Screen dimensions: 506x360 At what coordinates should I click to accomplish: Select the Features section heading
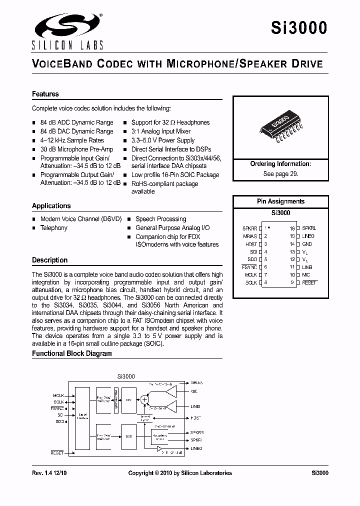45,94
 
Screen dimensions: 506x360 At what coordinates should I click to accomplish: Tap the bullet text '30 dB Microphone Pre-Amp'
76,149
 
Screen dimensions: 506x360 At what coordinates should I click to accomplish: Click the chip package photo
279,128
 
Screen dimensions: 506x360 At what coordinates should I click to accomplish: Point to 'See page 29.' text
280,174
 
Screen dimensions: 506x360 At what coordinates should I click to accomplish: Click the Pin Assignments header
280,201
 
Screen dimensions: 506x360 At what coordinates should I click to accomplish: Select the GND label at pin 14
307,244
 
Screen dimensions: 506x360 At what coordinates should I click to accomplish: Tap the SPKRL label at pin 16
309,228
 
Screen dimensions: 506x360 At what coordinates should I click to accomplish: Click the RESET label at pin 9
309,283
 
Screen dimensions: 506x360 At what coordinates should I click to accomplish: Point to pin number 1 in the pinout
266,228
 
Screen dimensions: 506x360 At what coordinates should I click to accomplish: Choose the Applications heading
51,206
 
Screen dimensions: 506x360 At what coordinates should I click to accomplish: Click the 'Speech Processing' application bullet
160,219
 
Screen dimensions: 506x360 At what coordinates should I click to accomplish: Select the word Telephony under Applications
53,228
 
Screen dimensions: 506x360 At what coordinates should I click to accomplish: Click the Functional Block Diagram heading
72,353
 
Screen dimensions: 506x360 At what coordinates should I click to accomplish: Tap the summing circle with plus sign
144,399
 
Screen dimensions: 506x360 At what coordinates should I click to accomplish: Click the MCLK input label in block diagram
58,395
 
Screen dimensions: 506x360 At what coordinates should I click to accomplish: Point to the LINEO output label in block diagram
196,448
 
